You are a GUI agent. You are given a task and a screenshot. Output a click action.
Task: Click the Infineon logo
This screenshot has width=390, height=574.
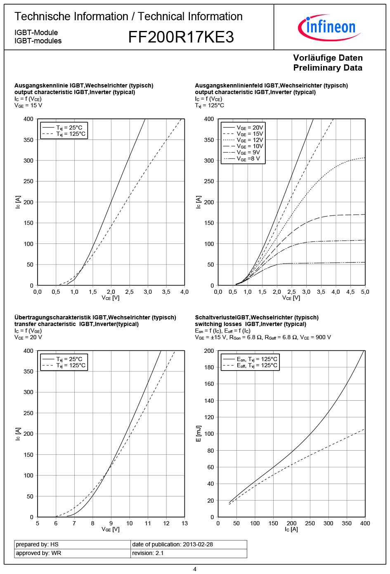pos(329,27)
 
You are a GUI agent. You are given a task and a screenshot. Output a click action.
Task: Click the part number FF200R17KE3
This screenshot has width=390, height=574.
pos(181,37)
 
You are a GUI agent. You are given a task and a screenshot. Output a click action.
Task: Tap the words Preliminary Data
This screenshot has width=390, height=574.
pos(328,68)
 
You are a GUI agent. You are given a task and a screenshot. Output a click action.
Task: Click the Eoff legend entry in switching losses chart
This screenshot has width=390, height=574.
pos(250,366)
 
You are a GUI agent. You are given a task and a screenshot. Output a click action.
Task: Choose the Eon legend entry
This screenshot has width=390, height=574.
pos(250,359)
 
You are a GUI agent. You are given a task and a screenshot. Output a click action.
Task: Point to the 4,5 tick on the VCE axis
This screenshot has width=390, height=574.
pos(350,292)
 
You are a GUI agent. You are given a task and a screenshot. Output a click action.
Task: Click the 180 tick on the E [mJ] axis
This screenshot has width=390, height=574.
pos(209,367)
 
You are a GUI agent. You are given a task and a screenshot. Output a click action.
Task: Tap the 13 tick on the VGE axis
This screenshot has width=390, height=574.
pos(184,523)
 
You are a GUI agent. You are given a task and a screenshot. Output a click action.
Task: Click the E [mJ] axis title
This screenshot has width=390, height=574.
pos(199,434)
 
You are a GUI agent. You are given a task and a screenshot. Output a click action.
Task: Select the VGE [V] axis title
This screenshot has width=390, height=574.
pos(111,529)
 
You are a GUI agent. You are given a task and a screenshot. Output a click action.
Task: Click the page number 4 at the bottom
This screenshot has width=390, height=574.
pos(195,569)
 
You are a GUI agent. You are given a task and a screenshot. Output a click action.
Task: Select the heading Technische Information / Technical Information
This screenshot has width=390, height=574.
pos(128,17)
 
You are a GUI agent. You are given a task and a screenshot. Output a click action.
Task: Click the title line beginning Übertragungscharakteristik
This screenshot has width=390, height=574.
pos(95,317)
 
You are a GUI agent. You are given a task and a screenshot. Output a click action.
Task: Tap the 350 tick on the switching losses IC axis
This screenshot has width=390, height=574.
pos(347,523)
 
